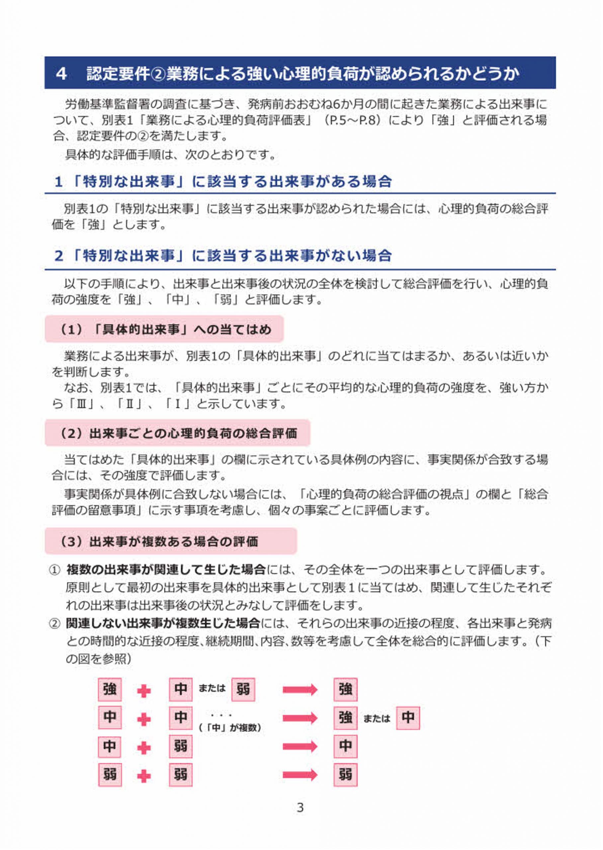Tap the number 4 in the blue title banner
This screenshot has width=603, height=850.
coord(61,73)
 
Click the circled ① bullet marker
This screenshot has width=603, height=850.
coord(54,570)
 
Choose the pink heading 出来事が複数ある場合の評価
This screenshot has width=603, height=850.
coord(171,541)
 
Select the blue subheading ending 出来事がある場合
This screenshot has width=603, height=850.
coord(223,182)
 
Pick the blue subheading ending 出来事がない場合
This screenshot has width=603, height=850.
coord(223,256)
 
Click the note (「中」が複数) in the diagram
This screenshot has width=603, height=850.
coord(230,728)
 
